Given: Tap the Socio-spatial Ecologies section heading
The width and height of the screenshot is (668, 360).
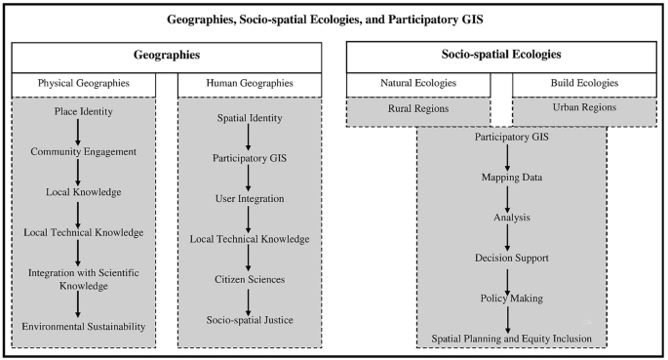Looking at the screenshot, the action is pos(498,57).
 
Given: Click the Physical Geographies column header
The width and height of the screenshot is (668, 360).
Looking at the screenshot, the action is pos(83,84).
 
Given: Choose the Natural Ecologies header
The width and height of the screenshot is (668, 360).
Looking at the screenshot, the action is pos(416,84).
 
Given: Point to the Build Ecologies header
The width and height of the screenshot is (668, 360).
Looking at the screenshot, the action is pos(581,84).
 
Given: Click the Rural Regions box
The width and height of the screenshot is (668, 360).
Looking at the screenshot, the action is pos(416,108).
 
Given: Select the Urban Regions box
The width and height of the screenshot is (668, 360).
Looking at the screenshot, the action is pos(581,108).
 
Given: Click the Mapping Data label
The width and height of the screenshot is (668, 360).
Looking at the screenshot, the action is pos(512,177).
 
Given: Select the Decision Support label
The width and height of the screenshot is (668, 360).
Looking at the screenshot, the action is pos(512,258).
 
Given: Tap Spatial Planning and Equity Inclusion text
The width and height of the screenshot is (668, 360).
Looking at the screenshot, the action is pos(512,338).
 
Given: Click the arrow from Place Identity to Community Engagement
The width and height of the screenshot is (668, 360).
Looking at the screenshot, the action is pos(78,132).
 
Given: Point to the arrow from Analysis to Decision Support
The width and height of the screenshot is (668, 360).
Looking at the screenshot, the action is pos(508,237).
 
